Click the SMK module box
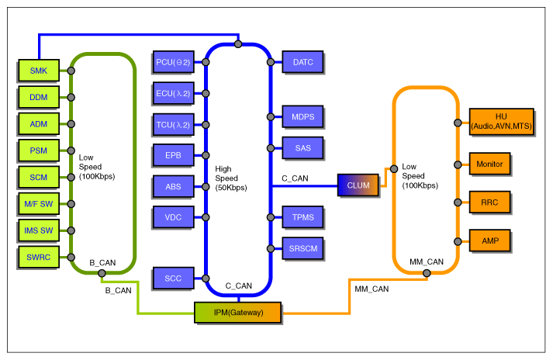[39, 71]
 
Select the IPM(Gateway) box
[237, 312]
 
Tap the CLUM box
[358, 185]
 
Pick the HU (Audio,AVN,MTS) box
[501, 121]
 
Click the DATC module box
[302, 62]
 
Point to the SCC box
[173, 278]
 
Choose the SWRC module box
[39, 257]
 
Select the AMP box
[489, 241]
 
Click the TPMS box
[302, 217]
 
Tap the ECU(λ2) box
[173, 93]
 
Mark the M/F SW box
[39, 203]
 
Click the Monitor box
[489, 164]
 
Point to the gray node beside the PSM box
[71, 151]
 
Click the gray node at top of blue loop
[238, 44]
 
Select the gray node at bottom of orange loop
[427, 273]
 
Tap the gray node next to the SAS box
[271, 148]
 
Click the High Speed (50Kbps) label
[231, 178]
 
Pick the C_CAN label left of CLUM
[295, 178]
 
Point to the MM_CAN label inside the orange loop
[427, 262]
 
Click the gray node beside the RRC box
[458, 202]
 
